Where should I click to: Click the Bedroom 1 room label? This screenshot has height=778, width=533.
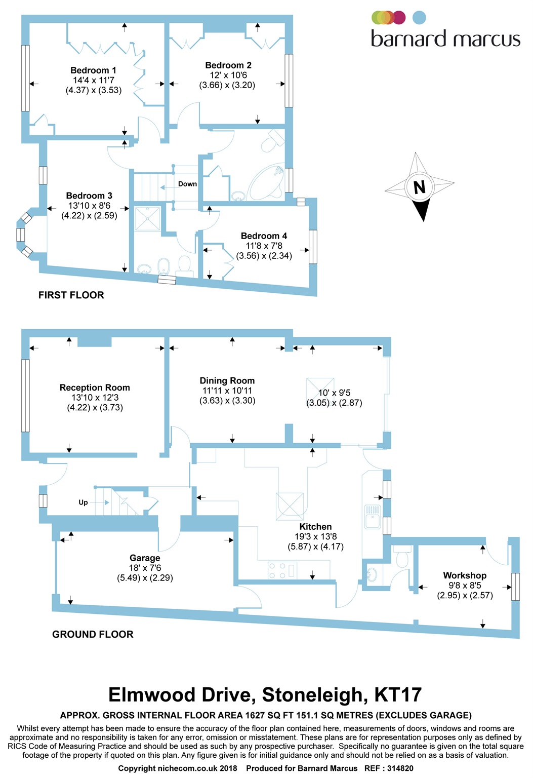[x=93, y=70]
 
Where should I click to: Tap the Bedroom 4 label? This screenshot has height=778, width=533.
[x=264, y=236]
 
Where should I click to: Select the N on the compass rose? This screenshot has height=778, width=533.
[x=420, y=187]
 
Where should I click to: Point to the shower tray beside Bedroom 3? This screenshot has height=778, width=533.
[x=147, y=219]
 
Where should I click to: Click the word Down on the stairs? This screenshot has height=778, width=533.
[x=187, y=184]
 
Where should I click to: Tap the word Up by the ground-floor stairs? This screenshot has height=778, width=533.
[x=83, y=502]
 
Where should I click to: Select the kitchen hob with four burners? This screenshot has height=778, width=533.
[x=282, y=570]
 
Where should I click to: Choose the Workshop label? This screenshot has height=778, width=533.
[x=465, y=575]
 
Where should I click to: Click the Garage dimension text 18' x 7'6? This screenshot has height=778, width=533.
[x=145, y=568]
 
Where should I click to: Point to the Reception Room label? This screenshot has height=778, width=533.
[x=95, y=387]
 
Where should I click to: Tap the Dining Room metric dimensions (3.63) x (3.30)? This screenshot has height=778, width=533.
[x=227, y=401]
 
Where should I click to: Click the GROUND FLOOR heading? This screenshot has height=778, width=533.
[x=93, y=634]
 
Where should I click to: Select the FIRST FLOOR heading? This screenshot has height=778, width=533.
[x=71, y=295]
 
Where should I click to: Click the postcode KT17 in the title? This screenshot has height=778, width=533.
[x=398, y=694]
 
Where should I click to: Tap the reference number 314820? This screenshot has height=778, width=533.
[x=400, y=768]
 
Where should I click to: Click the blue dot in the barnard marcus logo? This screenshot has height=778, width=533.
[x=419, y=17]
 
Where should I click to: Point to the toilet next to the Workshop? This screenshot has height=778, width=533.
[x=403, y=557]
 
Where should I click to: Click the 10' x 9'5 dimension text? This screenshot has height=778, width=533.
[x=335, y=393]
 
